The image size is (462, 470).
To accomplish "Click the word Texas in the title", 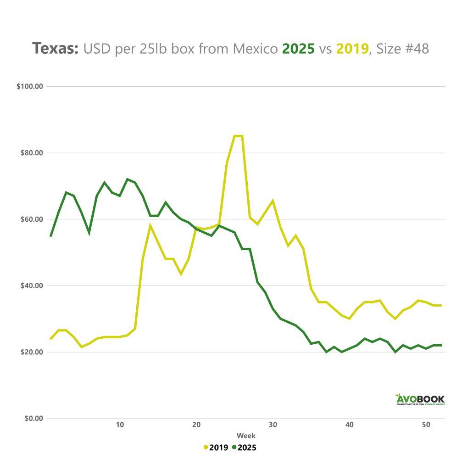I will pyautogui.click(x=56, y=48).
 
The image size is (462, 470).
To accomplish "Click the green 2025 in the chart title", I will pyautogui.click(x=298, y=48).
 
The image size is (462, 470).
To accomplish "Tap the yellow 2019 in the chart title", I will pyautogui.click(x=352, y=48).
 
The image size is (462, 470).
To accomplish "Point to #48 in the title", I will pyautogui.click(x=416, y=48).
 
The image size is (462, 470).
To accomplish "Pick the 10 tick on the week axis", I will pyautogui.click(x=120, y=425).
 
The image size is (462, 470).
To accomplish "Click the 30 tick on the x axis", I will pyautogui.click(x=273, y=425).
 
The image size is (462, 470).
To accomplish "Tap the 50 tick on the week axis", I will pyautogui.click(x=426, y=425).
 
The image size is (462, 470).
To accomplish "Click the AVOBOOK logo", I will pyautogui.click(x=420, y=399).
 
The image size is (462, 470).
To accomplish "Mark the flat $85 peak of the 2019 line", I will pyautogui.click(x=239, y=136).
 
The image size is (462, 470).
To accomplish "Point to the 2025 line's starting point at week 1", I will pyautogui.click(x=51, y=235).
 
